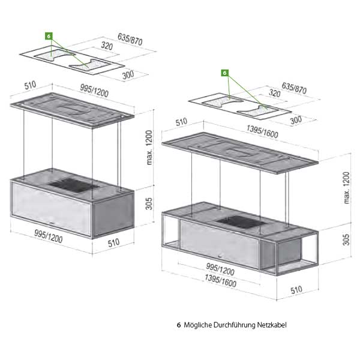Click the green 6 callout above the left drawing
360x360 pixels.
tap(49, 36)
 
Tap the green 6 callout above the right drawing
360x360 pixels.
tap(225, 73)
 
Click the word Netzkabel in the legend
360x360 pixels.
tap(272, 326)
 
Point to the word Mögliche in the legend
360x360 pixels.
tap(198, 326)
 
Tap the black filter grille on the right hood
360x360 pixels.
tap(239, 222)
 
